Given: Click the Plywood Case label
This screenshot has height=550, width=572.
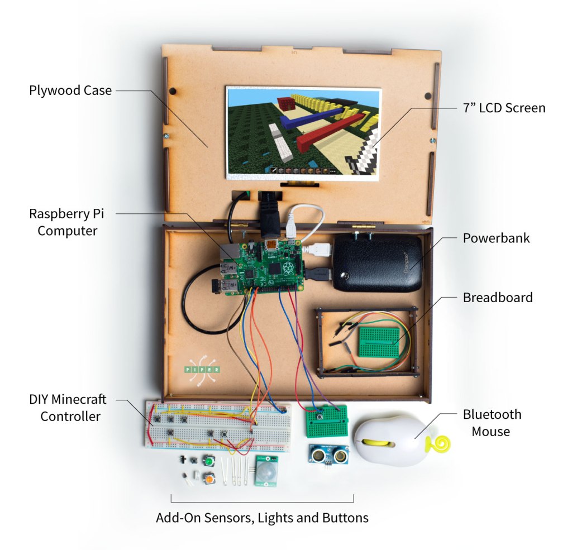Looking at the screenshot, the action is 70,90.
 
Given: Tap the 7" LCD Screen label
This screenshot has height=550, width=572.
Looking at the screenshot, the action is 504,108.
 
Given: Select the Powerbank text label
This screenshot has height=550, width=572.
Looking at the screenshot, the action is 496,238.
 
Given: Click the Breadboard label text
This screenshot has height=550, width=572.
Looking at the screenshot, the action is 498,298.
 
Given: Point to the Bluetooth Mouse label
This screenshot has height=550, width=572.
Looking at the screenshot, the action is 492,423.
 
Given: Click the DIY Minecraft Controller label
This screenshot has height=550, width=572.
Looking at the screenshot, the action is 68,408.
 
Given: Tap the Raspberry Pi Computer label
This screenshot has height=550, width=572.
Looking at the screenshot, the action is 67,222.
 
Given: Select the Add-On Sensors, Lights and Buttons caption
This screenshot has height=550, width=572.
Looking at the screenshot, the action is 263,518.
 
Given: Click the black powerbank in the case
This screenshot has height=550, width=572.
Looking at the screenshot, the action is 378,262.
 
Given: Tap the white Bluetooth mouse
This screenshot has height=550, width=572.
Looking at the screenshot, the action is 392,441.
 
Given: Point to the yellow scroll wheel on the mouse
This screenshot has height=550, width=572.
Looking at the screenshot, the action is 380,443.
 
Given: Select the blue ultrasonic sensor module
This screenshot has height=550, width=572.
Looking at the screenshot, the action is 328,454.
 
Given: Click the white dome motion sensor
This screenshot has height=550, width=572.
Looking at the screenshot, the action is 266,472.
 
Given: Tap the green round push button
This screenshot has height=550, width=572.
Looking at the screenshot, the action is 209,462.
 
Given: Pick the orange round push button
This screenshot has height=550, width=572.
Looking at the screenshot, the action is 209,479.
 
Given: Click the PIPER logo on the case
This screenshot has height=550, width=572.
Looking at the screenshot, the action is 202,370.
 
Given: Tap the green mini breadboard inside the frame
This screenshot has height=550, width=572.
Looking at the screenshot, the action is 379,342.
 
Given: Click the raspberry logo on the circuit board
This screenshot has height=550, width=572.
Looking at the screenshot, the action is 288,268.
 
